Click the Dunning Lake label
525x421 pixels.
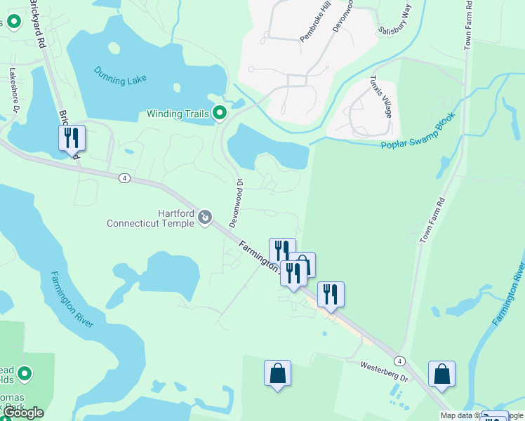pyautogui.click(x=120, y=76)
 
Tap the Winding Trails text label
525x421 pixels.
pyautogui.click(x=178, y=114)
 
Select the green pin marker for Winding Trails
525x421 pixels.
pyautogui.click(x=220, y=112)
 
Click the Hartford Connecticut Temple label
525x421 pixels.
pyautogui.click(x=150, y=218)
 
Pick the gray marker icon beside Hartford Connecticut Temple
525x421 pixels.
pyautogui.click(x=205, y=218)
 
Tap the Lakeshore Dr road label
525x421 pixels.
pyautogui.click(x=13, y=88)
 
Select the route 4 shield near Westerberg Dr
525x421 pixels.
pyautogui.click(x=399, y=361)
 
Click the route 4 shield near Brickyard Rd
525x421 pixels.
pyautogui.click(x=124, y=178)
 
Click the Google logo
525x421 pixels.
pyautogui.click(x=22, y=413)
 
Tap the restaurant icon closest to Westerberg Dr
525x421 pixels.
pyautogui.click(x=331, y=294)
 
